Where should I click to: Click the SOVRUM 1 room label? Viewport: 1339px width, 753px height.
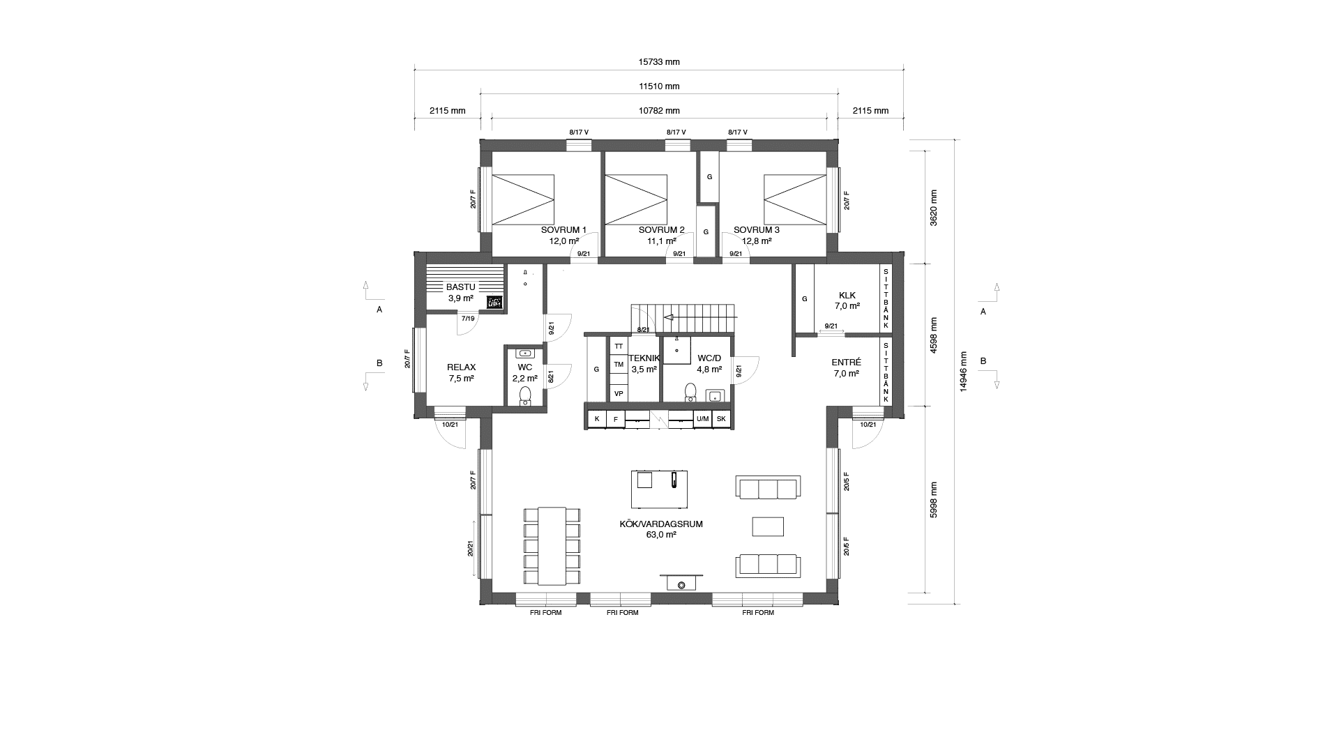563,230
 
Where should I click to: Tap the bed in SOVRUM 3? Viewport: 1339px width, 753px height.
794,199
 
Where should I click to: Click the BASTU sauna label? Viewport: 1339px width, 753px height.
460,287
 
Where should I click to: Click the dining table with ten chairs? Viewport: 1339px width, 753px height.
552,546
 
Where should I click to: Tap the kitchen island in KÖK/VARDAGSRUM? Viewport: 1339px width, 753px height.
659,489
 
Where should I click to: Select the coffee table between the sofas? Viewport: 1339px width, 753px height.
768,526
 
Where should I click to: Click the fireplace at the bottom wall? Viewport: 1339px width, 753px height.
681,583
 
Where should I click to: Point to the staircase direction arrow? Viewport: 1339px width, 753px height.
668,317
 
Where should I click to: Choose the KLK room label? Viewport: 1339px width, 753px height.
847,295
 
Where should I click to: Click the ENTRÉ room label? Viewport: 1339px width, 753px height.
846,363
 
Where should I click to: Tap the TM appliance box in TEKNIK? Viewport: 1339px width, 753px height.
619,364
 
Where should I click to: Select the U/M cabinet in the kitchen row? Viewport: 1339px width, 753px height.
702,419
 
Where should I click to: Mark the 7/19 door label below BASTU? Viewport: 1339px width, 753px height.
467,319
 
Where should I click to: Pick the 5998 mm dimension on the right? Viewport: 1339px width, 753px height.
934,499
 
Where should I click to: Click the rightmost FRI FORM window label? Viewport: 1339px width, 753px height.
758,613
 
